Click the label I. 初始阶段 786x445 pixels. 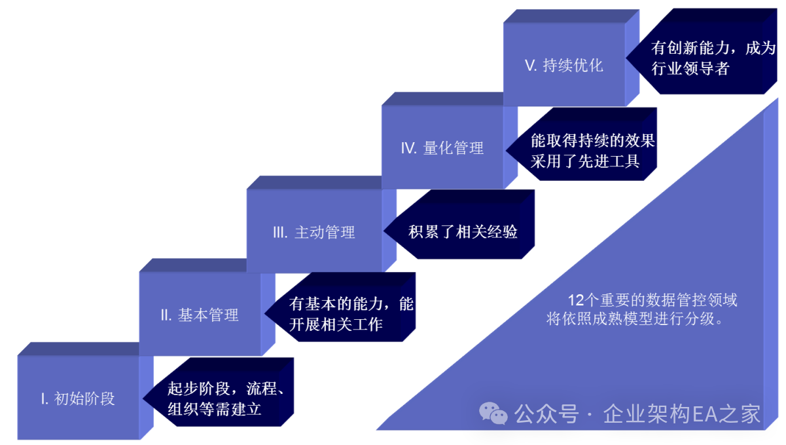78,398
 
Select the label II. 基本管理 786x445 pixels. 200,315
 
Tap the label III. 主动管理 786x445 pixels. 313,232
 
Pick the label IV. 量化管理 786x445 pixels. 442,149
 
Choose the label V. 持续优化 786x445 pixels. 564,66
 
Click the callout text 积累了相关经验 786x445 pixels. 463,232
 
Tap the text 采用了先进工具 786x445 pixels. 584,161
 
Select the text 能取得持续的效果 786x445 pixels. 592,140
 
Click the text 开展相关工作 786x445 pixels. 336,324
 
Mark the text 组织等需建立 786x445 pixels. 215,409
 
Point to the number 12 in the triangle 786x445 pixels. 575,301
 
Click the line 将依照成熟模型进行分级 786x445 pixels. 635,320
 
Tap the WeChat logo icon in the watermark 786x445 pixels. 493,413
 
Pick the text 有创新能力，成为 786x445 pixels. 713,48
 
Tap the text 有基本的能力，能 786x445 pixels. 351,304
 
